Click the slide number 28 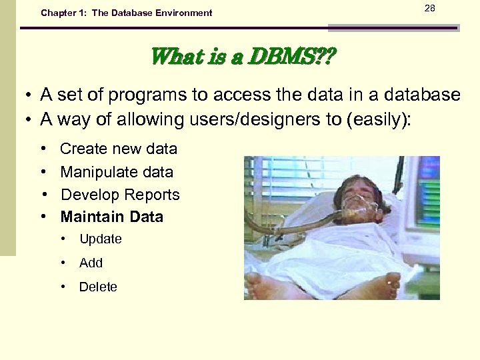(429, 7)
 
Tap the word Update (100, 239)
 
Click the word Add (91, 263)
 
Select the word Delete (98, 287)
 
